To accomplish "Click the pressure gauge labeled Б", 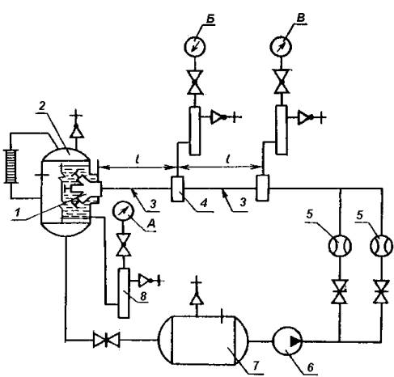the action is pyautogui.click(x=195, y=46).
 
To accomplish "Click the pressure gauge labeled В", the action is pyautogui.click(x=281, y=46).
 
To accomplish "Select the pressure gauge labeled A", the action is pyautogui.click(x=123, y=212).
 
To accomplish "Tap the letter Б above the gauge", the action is pyautogui.click(x=210, y=19).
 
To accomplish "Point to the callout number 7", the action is pyautogui.click(x=255, y=365).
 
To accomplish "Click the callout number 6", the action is pyautogui.click(x=310, y=367).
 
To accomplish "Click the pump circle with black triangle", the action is pyautogui.click(x=287, y=341).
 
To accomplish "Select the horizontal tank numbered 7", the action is pyautogui.click(x=203, y=341).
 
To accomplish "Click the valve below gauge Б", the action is pyautogui.click(x=195, y=83).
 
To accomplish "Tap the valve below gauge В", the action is pyautogui.click(x=282, y=82).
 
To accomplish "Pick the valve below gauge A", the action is pyautogui.click(x=124, y=244).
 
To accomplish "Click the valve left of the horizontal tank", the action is pyautogui.click(x=106, y=340).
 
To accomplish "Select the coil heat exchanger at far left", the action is pyautogui.click(x=11, y=167).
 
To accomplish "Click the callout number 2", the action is pyautogui.click(x=41, y=107).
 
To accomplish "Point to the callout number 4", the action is pyautogui.click(x=204, y=202).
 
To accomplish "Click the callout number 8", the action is pyautogui.click(x=143, y=296).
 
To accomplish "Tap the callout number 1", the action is pyautogui.click(x=17, y=212).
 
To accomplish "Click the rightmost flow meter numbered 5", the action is pyautogui.click(x=381, y=246).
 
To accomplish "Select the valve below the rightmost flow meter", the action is pyautogui.click(x=381, y=291).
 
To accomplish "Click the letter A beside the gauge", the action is pyautogui.click(x=152, y=223).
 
